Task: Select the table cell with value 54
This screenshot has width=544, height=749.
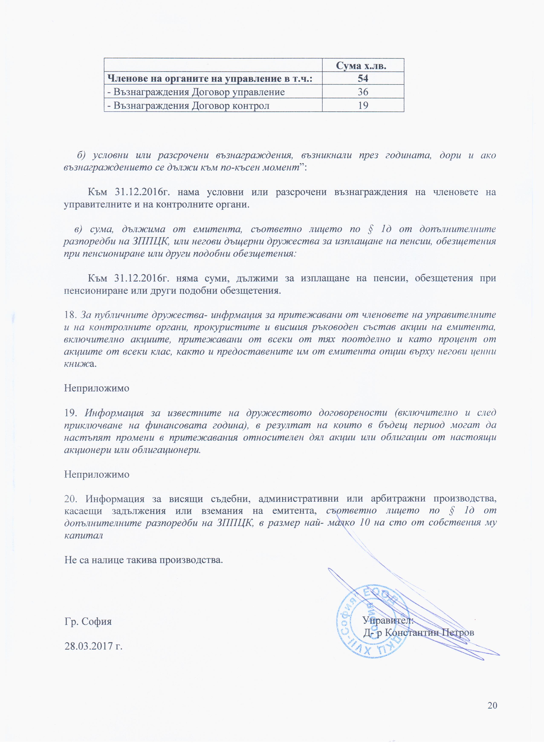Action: [363, 78]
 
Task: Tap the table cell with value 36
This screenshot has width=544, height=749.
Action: [363, 92]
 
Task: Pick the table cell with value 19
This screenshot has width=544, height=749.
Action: [363, 106]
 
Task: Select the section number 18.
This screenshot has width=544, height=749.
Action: [70, 315]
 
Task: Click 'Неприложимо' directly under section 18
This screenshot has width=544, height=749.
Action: [97, 388]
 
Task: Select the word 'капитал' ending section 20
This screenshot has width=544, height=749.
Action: [84, 535]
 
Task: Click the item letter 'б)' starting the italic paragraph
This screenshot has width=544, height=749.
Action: [81, 155]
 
